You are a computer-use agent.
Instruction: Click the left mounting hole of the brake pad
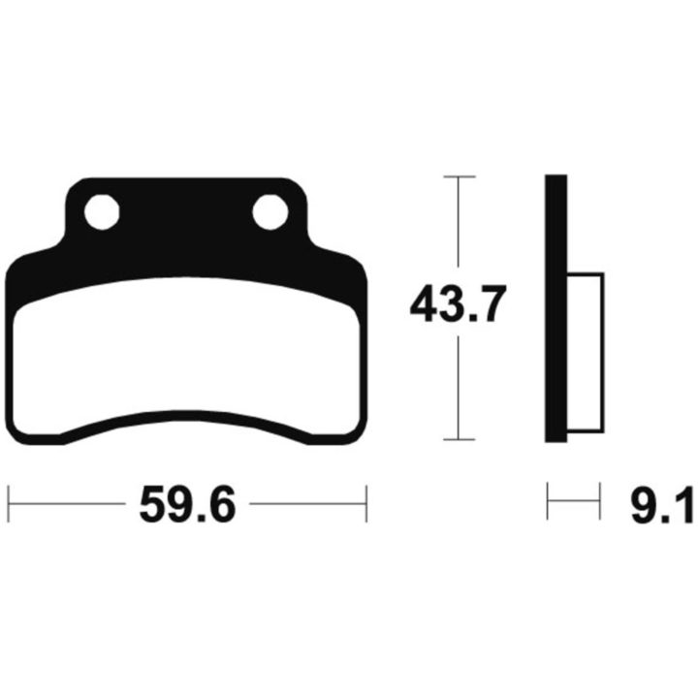[102, 212]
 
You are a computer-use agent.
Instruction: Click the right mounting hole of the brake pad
[270, 212]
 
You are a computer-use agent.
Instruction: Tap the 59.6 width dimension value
[187, 504]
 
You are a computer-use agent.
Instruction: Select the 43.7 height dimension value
[458, 303]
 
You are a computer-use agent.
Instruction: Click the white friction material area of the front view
[186, 356]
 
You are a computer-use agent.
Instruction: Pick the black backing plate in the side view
[556, 308]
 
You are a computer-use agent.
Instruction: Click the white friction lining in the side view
[586, 353]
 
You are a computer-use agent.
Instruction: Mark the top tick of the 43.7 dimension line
[460, 176]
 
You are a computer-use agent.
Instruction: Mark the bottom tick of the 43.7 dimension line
[460, 439]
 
